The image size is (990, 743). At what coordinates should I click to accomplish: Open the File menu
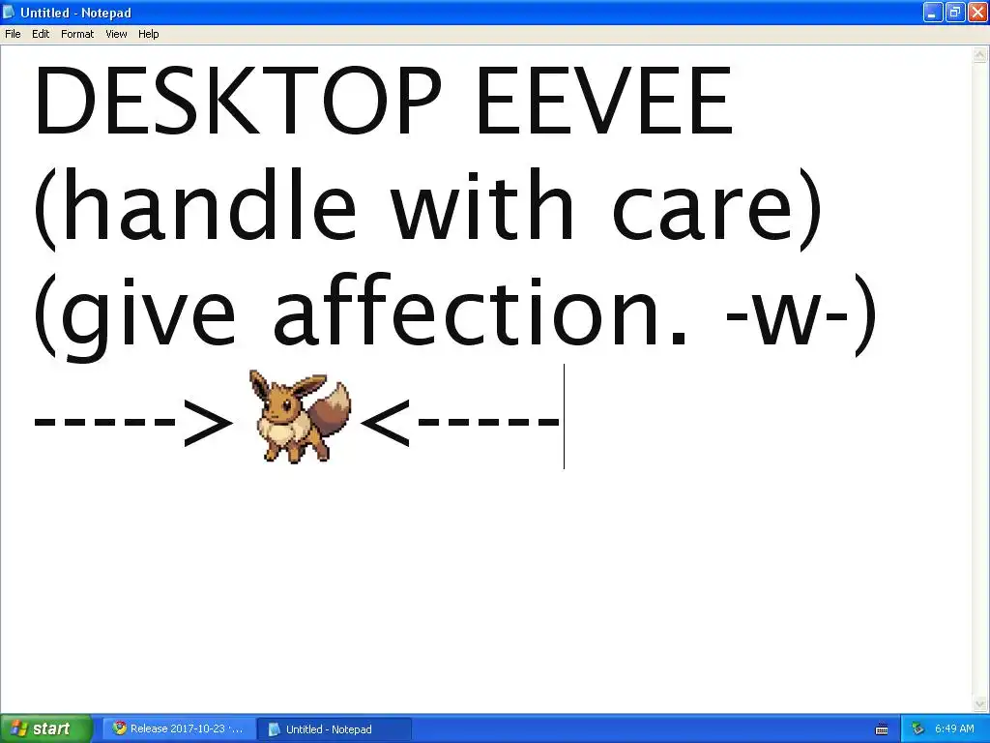(x=13, y=34)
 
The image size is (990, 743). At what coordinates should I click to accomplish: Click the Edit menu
(x=41, y=34)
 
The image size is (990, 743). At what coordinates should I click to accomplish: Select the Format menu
(x=77, y=34)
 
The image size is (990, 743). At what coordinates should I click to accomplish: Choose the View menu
(x=116, y=34)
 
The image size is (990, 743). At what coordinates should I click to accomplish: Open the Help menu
(x=148, y=34)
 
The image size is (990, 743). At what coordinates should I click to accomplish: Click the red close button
(x=976, y=12)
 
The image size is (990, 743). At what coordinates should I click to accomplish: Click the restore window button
(x=954, y=12)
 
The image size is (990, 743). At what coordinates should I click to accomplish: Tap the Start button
(x=45, y=728)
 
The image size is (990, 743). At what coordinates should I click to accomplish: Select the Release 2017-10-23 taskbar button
(x=179, y=728)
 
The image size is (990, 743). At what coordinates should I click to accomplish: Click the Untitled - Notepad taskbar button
(x=335, y=729)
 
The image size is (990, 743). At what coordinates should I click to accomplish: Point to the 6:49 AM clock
(x=954, y=728)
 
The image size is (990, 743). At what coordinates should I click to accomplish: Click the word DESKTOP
(x=238, y=101)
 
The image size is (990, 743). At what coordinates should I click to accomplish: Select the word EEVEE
(x=604, y=101)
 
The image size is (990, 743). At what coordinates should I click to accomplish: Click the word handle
(x=209, y=204)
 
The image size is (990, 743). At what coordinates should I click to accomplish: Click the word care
(x=702, y=209)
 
